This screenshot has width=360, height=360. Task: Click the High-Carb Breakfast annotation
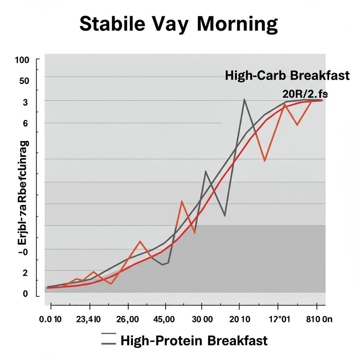point(287,76)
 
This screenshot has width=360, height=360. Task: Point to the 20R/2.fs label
point(305,94)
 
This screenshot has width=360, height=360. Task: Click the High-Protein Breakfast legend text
point(194,341)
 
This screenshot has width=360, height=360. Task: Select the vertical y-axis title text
point(24,193)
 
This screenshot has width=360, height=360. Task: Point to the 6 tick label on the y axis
point(25,123)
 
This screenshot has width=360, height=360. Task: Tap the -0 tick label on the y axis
point(23,252)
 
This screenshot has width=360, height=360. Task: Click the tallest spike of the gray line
point(244,99)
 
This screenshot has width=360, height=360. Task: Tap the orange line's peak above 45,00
point(181,201)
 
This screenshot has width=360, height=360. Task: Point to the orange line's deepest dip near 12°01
point(264,161)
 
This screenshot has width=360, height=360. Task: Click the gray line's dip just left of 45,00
point(162,265)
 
